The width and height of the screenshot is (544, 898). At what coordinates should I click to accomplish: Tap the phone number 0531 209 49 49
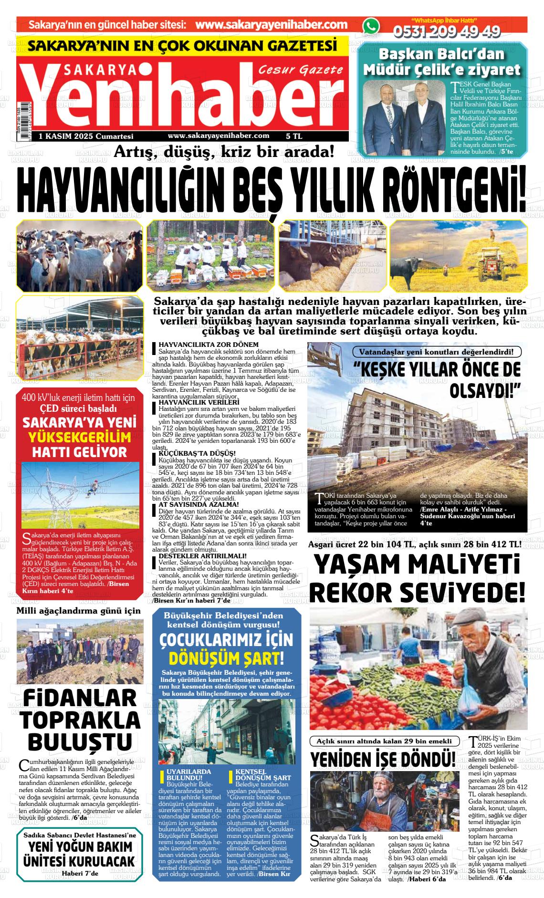(x=446, y=31)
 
